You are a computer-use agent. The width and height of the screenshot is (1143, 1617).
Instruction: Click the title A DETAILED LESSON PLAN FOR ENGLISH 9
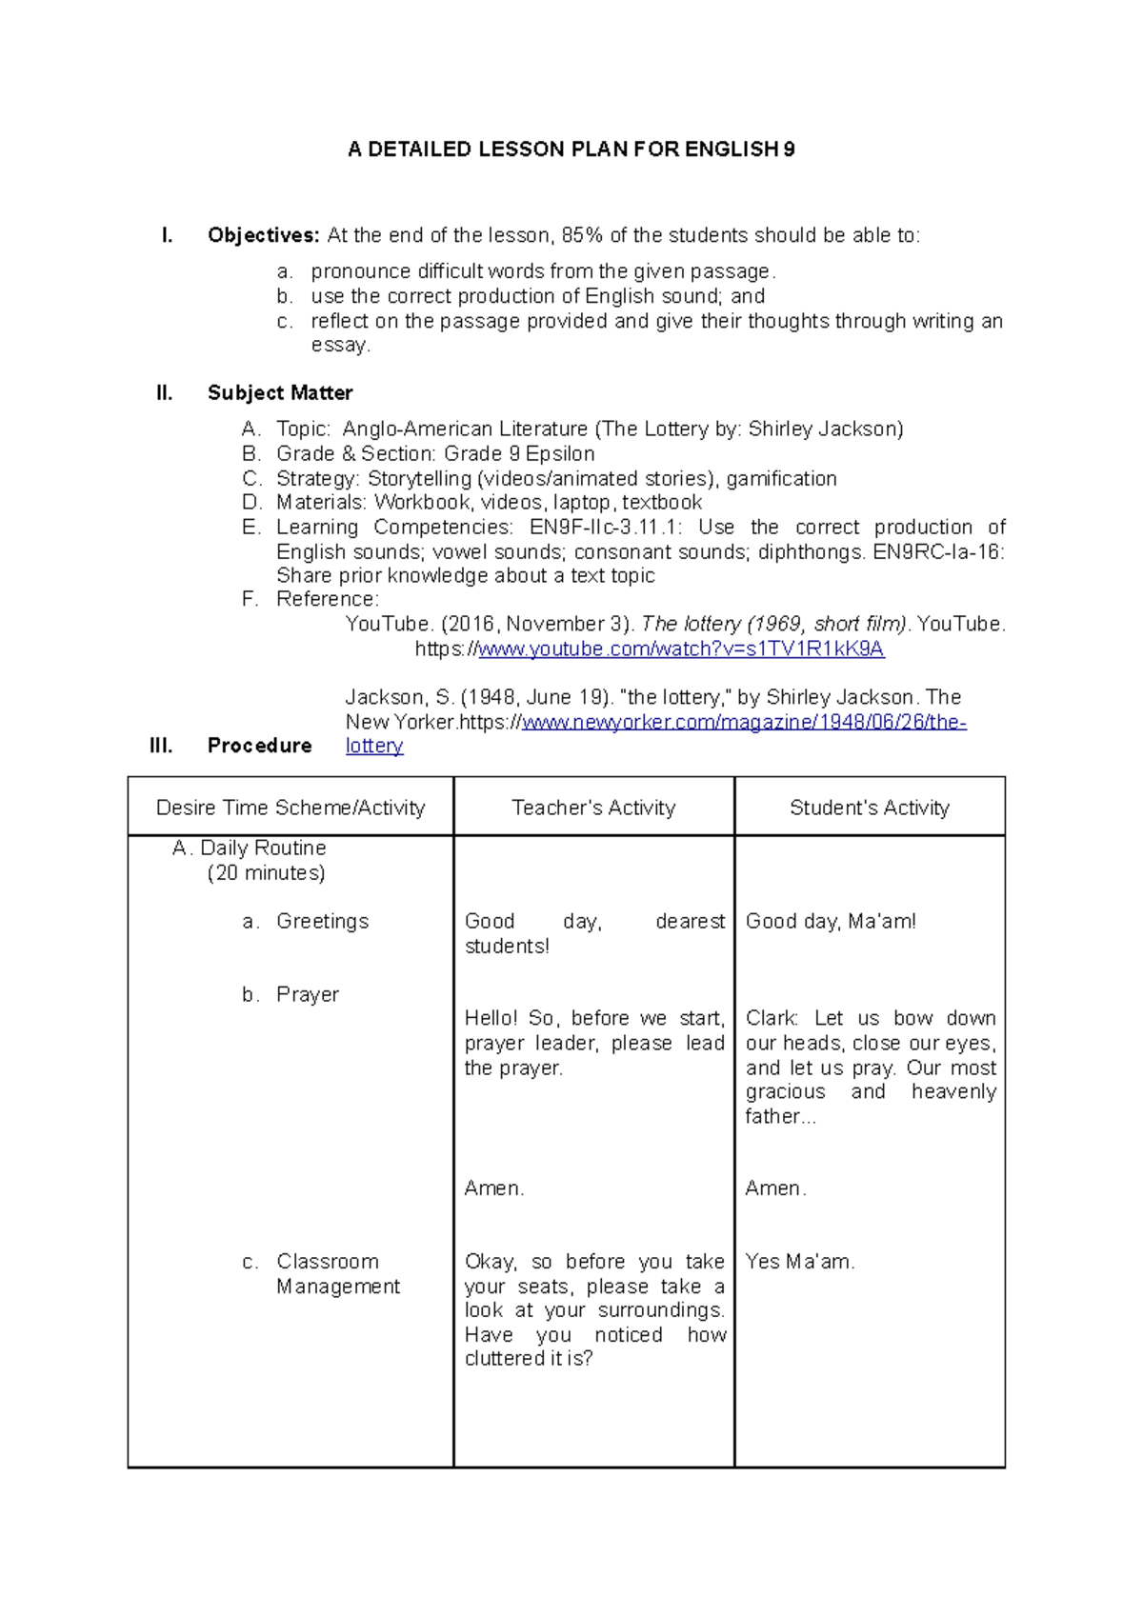coord(571,150)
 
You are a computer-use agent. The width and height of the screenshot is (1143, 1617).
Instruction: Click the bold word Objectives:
coord(264,235)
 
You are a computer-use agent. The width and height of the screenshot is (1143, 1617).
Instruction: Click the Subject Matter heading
coord(280,393)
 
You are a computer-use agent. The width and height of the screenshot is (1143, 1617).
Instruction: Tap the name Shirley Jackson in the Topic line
coord(824,429)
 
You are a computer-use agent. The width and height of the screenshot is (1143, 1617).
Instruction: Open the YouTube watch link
coord(680,649)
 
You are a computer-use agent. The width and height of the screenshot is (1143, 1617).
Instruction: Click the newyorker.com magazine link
coord(744,723)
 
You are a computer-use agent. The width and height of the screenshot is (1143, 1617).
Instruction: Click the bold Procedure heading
coord(259,746)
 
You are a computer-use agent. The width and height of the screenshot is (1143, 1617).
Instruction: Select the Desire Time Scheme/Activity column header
coord(291,808)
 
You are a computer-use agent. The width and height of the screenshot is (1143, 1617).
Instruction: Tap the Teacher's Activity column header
coord(593,808)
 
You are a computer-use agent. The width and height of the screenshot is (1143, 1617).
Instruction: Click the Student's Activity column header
coord(869,808)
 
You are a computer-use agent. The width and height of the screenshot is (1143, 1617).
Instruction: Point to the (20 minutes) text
coord(266,873)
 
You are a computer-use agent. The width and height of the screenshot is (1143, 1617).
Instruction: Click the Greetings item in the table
coord(322,922)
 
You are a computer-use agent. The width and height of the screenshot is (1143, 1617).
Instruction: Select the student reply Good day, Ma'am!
coord(831,922)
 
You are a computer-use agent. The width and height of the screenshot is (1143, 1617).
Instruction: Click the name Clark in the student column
coord(771,1019)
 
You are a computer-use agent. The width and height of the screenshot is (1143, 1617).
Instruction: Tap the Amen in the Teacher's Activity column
coord(493,1188)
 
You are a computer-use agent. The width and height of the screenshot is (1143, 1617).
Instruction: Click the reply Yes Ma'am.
coord(799,1262)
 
